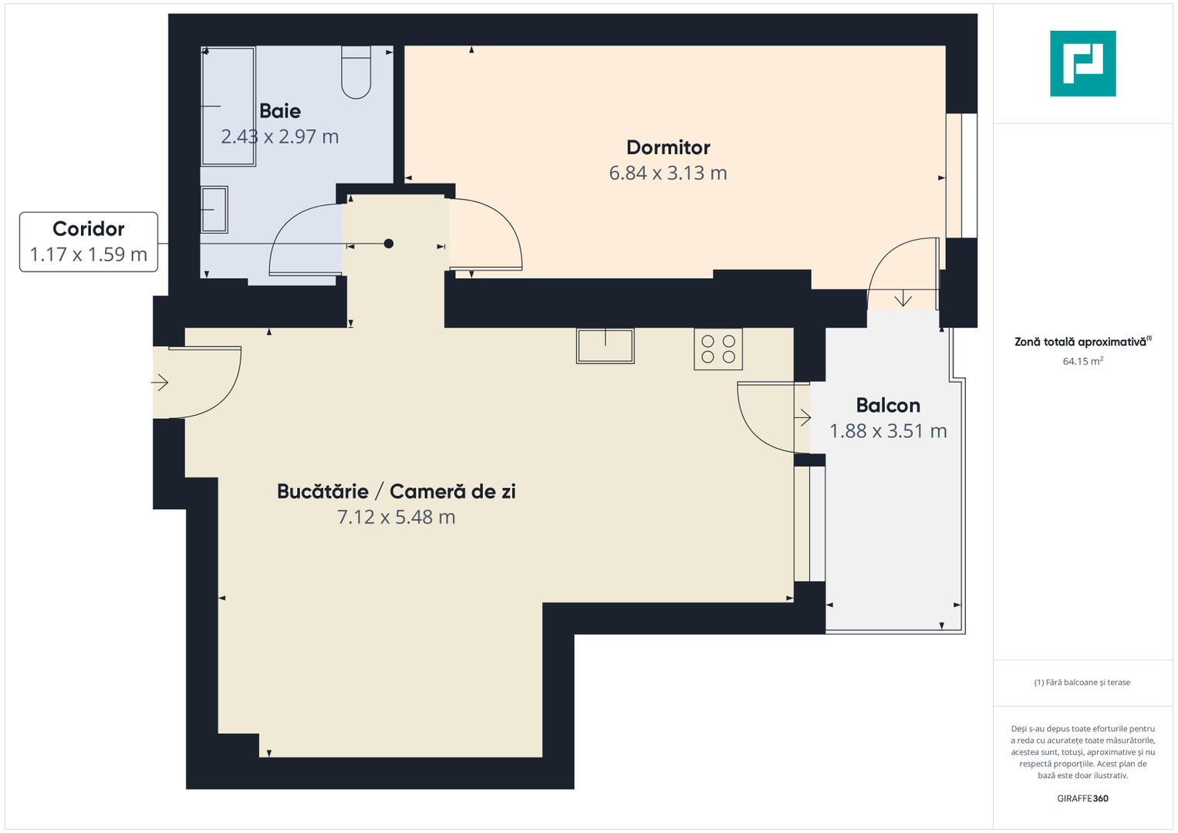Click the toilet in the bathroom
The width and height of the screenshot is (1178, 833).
click(356, 72)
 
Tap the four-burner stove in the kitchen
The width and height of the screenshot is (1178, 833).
click(718, 349)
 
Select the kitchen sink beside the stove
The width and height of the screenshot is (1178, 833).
click(606, 346)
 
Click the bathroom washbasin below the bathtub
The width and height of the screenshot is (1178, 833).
click(214, 209)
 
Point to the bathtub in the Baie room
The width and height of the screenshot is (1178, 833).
click(228, 106)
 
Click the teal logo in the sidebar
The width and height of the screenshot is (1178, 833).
click(1083, 63)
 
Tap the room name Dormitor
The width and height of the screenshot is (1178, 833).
click(668, 147)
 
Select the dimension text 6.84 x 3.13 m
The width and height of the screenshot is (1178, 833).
click(668, 173)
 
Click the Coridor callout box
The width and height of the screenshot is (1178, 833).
click(89, 242)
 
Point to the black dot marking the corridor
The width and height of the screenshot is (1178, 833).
click(389, 244)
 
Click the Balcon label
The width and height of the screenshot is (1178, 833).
click(888, 406)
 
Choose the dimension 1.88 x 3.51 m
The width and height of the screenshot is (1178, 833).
click(888, 431)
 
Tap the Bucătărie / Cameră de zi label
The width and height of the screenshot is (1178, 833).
click(396, 491)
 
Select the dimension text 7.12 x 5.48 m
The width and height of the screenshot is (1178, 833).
click(396, 517)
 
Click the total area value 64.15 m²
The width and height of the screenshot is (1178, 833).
click(1083, 361)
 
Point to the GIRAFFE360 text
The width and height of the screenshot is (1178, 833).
click(1082, 798)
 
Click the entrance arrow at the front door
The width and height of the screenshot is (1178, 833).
click(160, 383)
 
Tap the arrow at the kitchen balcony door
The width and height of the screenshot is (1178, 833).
click(802, 417)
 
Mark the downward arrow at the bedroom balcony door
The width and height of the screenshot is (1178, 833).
click(903, 298)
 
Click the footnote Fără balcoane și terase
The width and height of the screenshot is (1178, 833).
click(1082, 682)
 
